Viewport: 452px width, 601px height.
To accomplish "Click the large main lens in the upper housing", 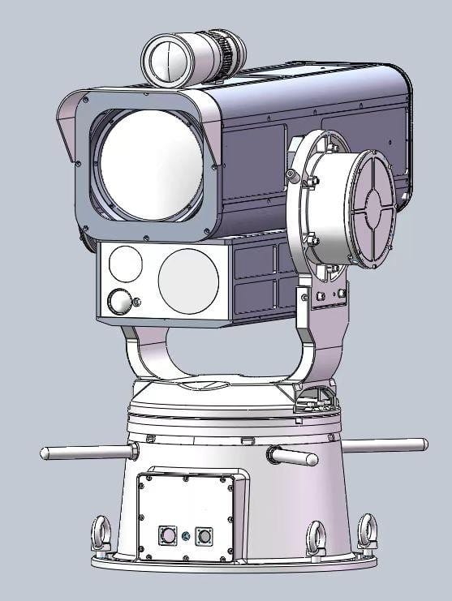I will click(x=149, y=166).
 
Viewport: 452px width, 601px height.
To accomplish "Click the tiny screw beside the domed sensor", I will click(x=136, y=303).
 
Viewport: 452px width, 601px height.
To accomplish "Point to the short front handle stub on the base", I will click(x=293, y=457).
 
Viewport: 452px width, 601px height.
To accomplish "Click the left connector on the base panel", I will click(x=168, y=535).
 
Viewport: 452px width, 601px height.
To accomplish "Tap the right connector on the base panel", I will click(x=203, y=536).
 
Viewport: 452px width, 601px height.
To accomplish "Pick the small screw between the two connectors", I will click(x=186, y=535).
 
